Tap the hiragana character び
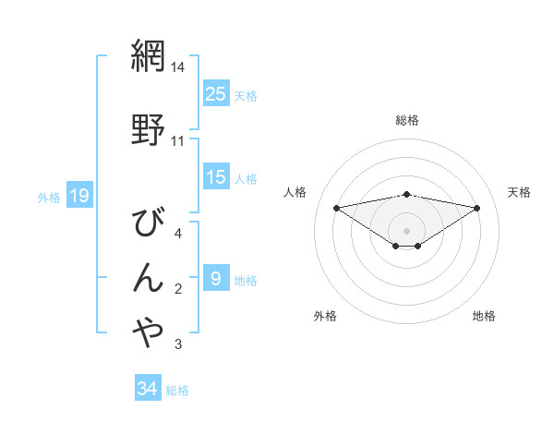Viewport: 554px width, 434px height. (x=149, y=221)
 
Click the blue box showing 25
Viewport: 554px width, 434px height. (x=215, y=93)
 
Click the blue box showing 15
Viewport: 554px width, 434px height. (x=215, y=177)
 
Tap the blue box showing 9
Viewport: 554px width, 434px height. (x=215, y=278)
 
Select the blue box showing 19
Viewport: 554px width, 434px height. (x=78, y=195)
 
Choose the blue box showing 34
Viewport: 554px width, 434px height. (x=147, y=389)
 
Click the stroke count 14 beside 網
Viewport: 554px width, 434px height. (x=178, y=67)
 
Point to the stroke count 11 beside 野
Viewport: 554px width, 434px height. (x=178, y=141)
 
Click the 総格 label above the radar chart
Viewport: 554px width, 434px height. (x=407, y=120)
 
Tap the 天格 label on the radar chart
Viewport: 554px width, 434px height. (x=520, y=192)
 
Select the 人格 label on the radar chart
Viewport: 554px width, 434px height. (x=295, y=192)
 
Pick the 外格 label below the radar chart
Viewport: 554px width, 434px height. (x=325, y=316)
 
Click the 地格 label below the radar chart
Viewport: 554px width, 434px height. (x=484, y=316)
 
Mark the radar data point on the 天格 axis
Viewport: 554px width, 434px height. (x=477, y=208)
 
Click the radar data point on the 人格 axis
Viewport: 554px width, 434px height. (x=336, y=208)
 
